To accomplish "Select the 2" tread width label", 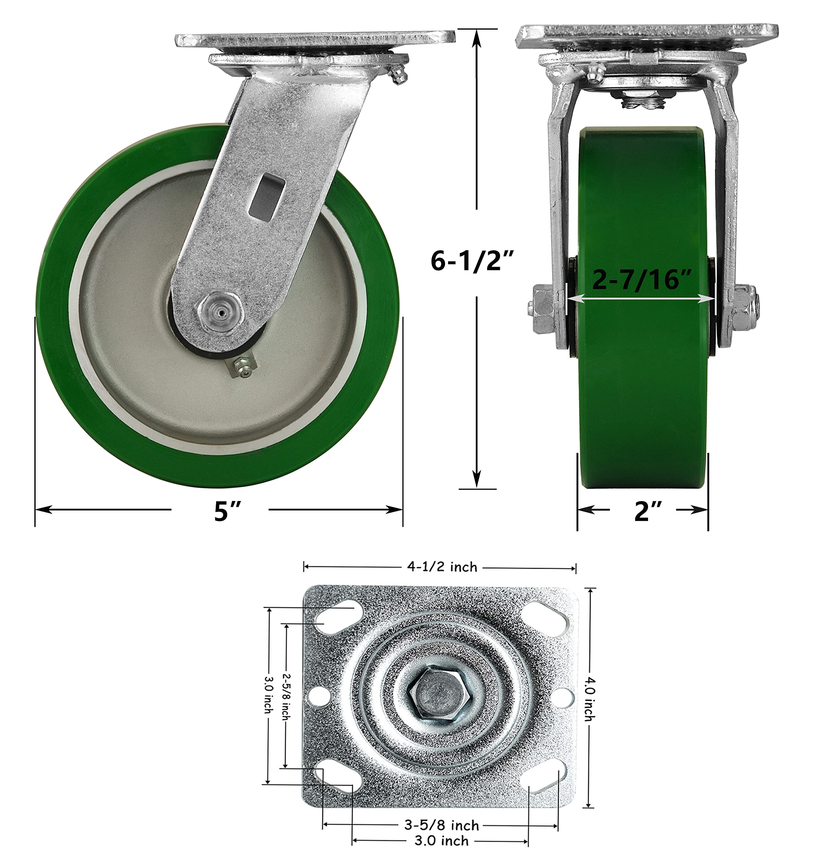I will coord(648,511).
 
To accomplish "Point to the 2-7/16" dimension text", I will coord(642,279).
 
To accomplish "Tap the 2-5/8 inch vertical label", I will coord(286,696).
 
